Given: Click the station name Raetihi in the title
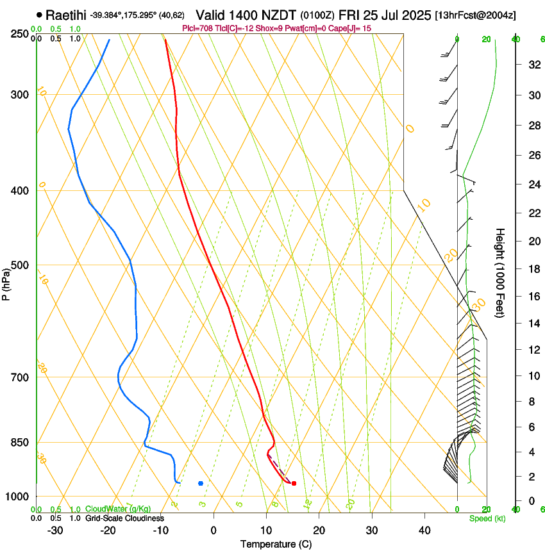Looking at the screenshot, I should click(66, 15).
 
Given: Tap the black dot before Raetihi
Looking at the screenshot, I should click(40, 15).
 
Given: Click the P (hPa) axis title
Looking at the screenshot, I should click(6, 281).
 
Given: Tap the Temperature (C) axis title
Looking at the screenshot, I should click(276, 544).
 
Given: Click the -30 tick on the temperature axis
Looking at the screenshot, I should click(55, 530).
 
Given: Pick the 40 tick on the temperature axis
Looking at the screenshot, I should click(424, 530).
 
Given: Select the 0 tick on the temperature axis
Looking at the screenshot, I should click(214, 530).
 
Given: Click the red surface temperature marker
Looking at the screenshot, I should click(294, 484).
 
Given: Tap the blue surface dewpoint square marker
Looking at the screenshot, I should click(201, 484).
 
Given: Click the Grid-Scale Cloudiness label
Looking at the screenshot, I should click(124, 518).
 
